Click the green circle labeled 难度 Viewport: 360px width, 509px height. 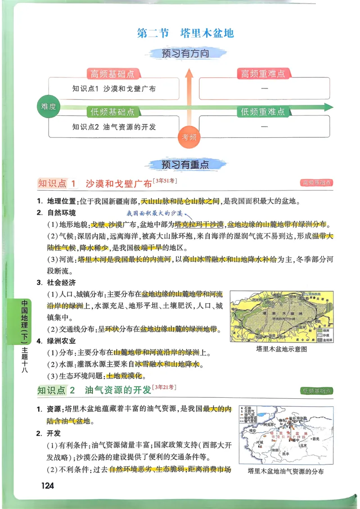coord(48,107)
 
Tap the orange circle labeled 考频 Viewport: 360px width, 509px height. coord(189,137)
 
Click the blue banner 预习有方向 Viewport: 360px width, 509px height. coord(185,54)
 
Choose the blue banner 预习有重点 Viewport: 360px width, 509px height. coord(185,165)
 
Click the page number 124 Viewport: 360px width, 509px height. coord(47,485)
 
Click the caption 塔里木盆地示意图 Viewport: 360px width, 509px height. coord(281,349)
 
